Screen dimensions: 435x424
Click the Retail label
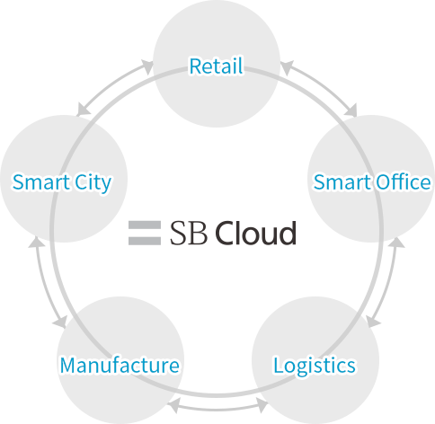[x=216, y=66]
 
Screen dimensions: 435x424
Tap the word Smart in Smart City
[x=41, y=182]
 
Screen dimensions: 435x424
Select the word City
[x=93, y=183]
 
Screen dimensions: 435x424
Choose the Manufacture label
[x=120, y=365]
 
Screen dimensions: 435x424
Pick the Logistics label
[x=315, y=366]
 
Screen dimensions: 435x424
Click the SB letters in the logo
[x=189, y=233]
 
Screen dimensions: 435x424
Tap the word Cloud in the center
[x=255, y=233]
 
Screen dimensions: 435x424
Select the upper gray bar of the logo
[x=145, y=225]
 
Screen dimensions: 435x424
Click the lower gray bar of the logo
[x=145, y=241]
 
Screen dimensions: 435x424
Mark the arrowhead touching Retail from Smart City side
[x=147, y=66]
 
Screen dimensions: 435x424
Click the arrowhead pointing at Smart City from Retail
[x=84, y=110]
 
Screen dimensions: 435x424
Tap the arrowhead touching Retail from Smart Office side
[x=287, y=67]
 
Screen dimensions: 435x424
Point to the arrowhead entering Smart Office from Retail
[x=351, y=110]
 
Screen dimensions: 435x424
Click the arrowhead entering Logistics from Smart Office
[x=373, y=321]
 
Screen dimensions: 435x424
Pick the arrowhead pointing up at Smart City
[x=37, y=243]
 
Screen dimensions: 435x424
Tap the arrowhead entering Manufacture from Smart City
[x=60, y=321]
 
